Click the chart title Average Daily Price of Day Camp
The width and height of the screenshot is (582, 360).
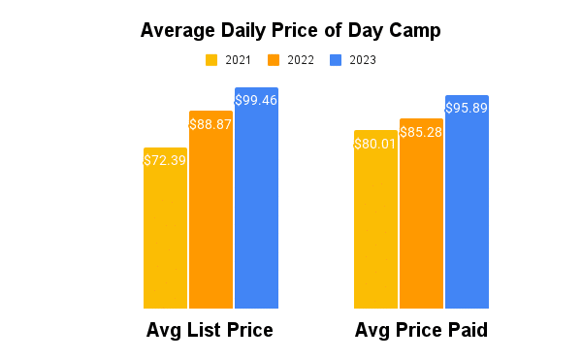(x=290, y=30)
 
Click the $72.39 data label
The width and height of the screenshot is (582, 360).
(x=165, y=160)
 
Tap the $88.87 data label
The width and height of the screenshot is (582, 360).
(x=210, y=124)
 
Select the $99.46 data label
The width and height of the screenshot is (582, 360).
(x=256, y=100)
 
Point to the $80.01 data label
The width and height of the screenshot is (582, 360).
(x=375, y=144)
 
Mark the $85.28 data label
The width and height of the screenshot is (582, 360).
(x=421, y=131)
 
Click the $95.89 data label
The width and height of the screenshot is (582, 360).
(x=467, y=109)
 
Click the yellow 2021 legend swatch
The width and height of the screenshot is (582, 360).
(x=211, y=60)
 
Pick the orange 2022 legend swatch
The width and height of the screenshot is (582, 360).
(x=274, y=60)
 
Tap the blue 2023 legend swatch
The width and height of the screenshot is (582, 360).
(x=336, y=60)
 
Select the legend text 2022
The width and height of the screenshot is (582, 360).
(x=300, y=60)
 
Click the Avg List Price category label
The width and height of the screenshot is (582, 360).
(x=210, y=331)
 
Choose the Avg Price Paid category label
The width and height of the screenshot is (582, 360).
(x=421, y=331)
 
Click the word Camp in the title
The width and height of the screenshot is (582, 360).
(x=414, y=30)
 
